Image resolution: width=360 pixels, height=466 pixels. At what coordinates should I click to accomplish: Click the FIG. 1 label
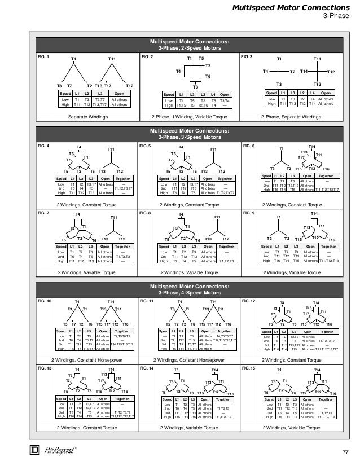coord(43,57)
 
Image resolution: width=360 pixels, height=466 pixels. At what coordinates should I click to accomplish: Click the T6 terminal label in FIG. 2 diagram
coord(208,76)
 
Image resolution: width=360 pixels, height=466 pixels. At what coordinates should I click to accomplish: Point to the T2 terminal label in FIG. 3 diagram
coord(292,72)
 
